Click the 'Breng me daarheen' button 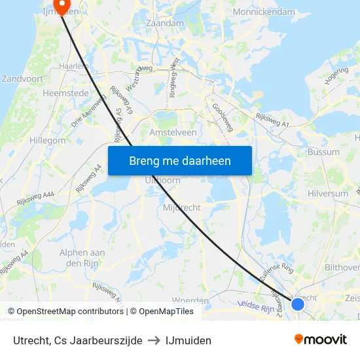coord(179,160)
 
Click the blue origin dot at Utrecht coord(298,304)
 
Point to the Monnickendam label coord(264,12)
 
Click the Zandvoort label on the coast coord(23,78)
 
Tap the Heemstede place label coord(65,94)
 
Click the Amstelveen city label coord(173,132)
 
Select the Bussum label coord(323,152)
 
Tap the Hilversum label coord(328,194)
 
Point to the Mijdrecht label coord(181,207)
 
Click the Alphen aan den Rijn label coord(82,258)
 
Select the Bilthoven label coord(342,267)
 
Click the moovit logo coord(320,340)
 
